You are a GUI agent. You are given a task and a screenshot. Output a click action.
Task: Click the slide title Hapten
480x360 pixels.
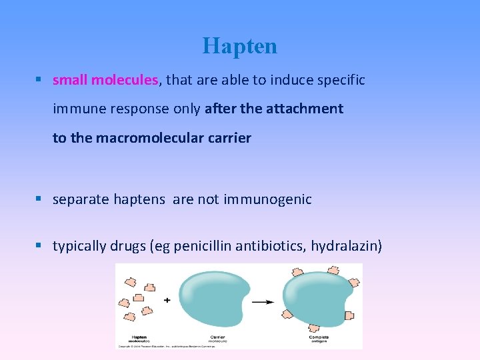click(x=240, y=46)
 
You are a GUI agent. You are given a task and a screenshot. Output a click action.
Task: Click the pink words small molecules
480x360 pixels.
click(x=105, y=80)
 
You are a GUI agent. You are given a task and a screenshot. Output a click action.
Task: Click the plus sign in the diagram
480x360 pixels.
click(x=167, y=300)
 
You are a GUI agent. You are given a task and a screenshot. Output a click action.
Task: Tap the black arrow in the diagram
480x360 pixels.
click(x=262, y=301)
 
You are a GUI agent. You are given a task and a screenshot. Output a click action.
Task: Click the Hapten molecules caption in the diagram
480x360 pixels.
click(x=139, y=339)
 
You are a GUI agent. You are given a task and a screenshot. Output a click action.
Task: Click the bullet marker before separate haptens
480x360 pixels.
click(x=41, y=199)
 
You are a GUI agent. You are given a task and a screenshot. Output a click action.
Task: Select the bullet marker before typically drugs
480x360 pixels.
click(x=41, y=246)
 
